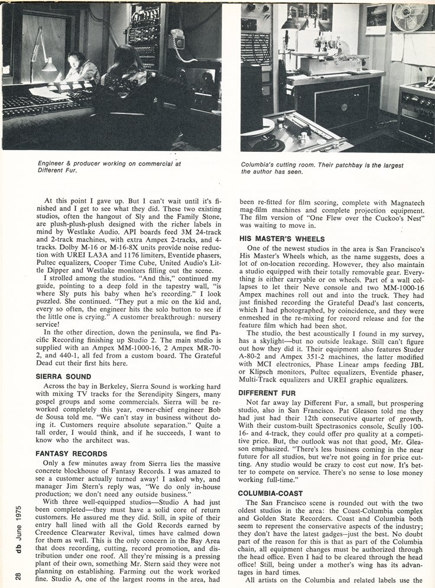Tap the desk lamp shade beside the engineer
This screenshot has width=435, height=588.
[48, 65]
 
